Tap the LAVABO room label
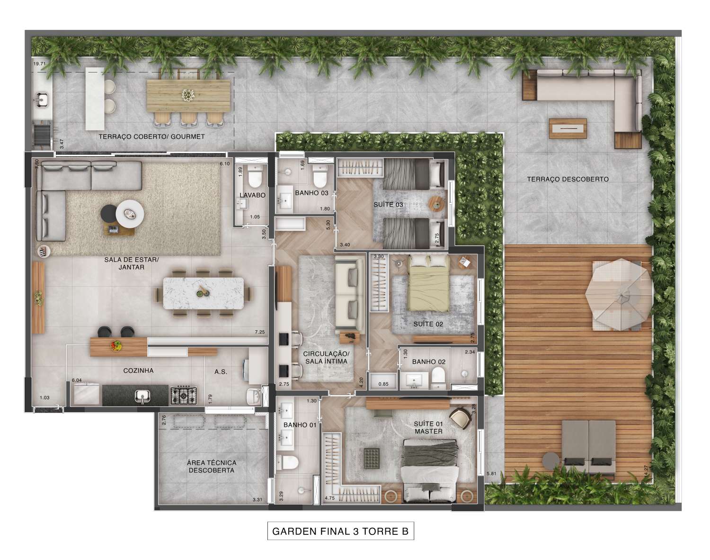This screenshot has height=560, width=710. [x=252, y=195]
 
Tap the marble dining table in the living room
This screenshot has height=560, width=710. [x=204, y=293]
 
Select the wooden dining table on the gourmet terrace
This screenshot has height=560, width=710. [x=188, y=96]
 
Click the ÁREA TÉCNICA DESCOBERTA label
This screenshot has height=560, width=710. [x=211, y=467]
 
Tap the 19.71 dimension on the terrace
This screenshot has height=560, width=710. [x=38, y=63]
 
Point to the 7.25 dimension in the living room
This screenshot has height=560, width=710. [x=259, y=332]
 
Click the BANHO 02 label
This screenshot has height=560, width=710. [x=429, y=361]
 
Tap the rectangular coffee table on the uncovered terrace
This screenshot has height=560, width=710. [x=568, y=127]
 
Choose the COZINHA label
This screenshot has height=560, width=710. [x=138, y=370]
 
